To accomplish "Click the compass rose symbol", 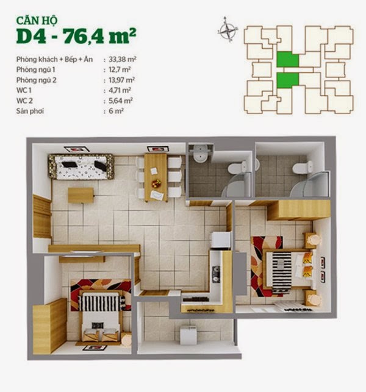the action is (227, 29).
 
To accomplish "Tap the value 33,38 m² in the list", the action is (123, 60).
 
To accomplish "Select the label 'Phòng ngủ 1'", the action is (36, 69).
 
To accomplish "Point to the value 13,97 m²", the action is (121, 80).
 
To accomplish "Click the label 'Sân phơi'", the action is (30, 111).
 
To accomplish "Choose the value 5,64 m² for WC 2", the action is (121, 101).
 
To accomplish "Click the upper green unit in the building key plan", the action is (288, 59).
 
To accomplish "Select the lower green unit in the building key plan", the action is (288, 80).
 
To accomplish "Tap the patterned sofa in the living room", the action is (81, 166).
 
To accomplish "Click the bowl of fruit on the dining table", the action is (156, 184).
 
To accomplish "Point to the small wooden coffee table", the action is (81, 195).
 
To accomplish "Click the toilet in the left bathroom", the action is (237, 167).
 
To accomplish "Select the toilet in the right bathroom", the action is (303, 167).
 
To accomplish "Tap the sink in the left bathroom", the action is (201, 153).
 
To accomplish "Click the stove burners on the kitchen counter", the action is (216, 274).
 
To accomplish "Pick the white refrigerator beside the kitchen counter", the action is (221, 240).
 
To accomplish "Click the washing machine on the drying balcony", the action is (188, 335).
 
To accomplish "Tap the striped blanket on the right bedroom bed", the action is (282, 273).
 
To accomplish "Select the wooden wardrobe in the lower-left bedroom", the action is (50, 326).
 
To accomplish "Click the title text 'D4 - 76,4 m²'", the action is (76, 36).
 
